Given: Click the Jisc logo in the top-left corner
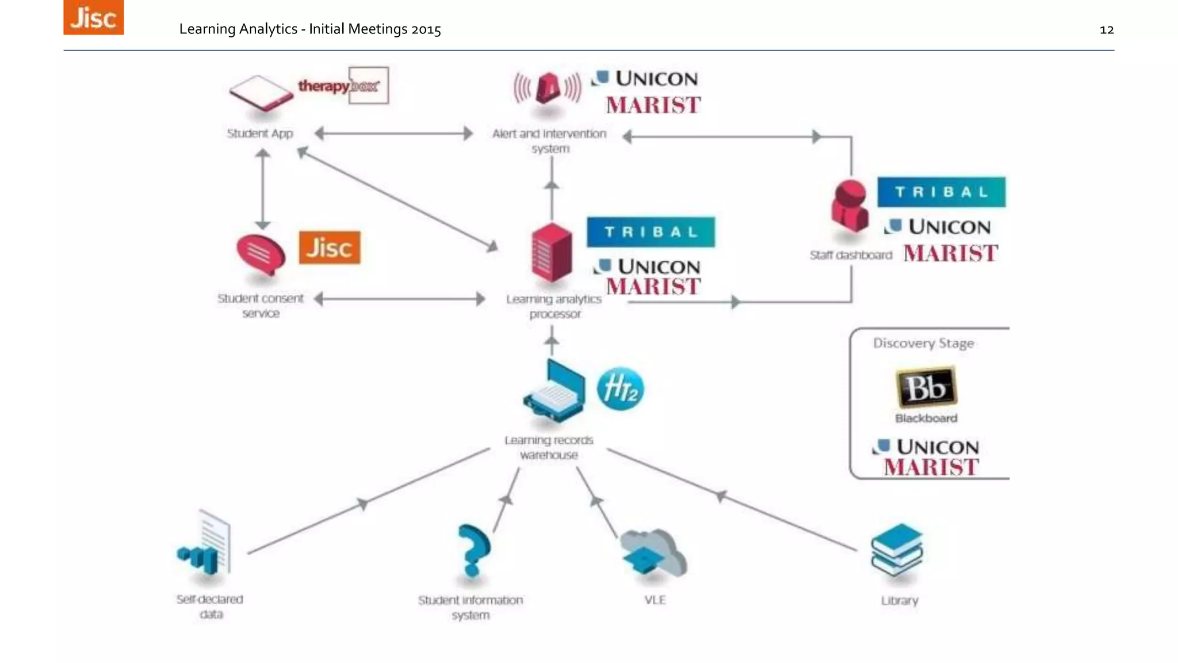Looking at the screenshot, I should (93, 17).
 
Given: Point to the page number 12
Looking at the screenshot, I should (1106, 30).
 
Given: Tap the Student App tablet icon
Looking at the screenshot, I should (261, 93).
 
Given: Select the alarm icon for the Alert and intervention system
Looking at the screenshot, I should (548, 89).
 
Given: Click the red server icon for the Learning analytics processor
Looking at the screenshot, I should (552, 252).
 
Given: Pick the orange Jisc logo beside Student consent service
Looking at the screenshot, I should (330, 247).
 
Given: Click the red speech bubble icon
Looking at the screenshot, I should (261, 254).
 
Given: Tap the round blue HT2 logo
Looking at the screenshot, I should (620, 388).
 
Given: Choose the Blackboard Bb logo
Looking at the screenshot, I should (925, 387).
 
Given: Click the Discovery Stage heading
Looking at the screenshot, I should (923, 343).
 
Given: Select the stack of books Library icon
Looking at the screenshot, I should (897, 549).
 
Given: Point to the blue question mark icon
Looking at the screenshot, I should (473, 550).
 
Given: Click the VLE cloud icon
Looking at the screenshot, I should (654, 553).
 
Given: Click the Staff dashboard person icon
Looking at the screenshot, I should (849, 207).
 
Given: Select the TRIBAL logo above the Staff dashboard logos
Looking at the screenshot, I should (941, 192).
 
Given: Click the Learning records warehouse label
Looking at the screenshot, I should (549, 447).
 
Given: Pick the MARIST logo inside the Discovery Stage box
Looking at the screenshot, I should (931, 467).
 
